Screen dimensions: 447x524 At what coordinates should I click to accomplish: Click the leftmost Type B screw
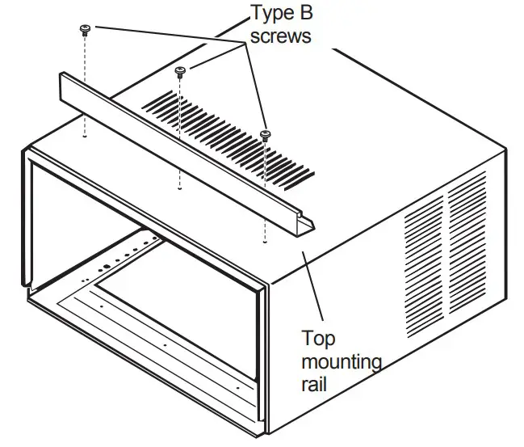85,30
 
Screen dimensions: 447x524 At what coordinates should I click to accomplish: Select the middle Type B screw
181,71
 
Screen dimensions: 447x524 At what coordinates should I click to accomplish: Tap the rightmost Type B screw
265,134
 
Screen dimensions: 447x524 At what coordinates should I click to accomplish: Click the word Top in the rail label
316,337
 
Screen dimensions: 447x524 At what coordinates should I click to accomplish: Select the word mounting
341,361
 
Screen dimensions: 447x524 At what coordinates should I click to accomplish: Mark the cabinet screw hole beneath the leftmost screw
85,136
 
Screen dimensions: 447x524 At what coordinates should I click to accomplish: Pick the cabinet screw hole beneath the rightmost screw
265,240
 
